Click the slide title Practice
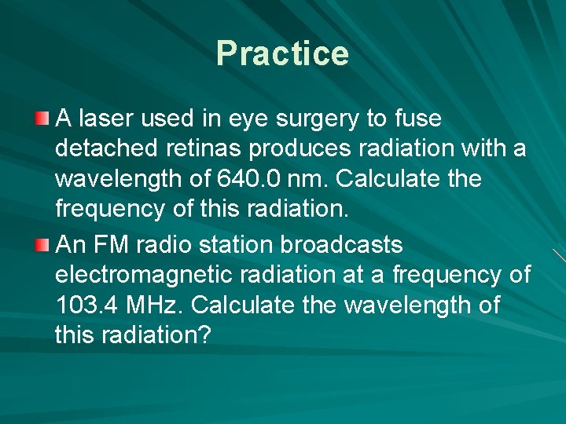coord(282,53)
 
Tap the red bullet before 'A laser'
coord(42,119)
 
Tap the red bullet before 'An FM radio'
coord(42,245)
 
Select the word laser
coord(104,119)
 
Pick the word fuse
coord(417,119)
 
